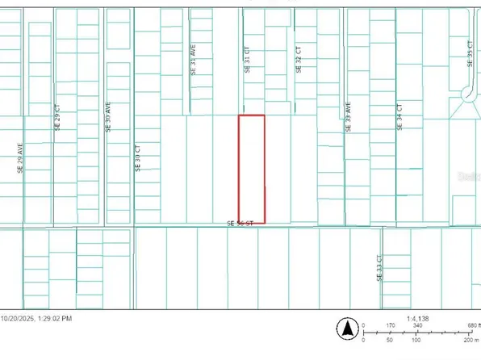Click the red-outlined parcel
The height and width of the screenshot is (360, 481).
coord(251,170)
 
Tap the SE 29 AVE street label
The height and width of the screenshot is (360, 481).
coord(20,158)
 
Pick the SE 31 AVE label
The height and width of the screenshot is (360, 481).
coord(193,60)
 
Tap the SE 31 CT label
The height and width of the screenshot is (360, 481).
coord(247,60)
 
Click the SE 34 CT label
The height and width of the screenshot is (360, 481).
coord(399,118)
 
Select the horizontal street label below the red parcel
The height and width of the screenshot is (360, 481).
coord(240,223)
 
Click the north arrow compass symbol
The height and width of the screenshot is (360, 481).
coord(347,329)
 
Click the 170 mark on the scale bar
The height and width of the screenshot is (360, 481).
coord(390,326)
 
